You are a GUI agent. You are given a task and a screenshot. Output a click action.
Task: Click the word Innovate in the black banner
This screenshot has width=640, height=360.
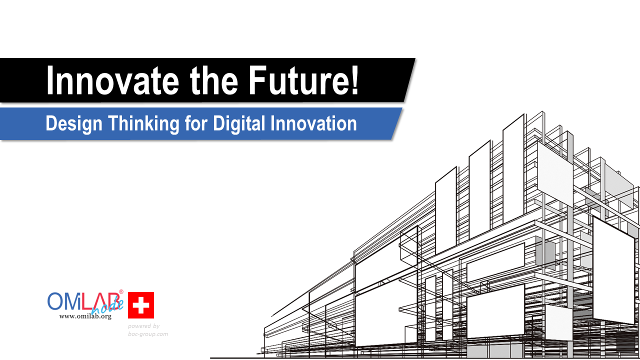(x=112, y=80)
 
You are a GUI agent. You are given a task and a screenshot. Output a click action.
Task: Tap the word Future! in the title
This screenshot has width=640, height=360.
(x=303, y=80)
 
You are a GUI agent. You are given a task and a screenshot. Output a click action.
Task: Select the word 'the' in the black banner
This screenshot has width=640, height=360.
(x=213, y=80)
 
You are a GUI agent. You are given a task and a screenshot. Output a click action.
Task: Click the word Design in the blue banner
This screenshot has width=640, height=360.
(x=74, y=124)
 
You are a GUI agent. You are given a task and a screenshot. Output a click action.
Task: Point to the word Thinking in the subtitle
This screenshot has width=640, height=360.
(x=143, y=124)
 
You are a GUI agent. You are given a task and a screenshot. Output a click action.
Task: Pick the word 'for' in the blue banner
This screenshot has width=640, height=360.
(x=196, y=123)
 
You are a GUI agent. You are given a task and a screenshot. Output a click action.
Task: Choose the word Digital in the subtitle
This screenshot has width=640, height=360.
(x=239, y=124)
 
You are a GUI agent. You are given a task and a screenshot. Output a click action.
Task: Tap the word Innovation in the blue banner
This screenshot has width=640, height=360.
(x=313, y=123)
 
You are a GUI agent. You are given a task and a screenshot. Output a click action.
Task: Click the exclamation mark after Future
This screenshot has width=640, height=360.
(x=355, y=80)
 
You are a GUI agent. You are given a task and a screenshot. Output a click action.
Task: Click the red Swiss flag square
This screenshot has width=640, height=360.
(x=141, y=305)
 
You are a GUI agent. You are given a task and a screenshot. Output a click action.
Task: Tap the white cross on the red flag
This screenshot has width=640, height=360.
(x=141, y=305)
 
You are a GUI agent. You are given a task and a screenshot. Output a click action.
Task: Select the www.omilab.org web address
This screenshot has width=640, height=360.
(x=85, y=316)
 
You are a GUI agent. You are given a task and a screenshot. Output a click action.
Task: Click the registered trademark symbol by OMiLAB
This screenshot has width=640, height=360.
(x=121, y=291)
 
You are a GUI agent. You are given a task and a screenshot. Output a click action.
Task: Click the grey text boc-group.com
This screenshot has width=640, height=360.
(x=148, y=334)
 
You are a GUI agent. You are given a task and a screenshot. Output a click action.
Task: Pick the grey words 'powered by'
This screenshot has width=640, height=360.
(x=143, y=326)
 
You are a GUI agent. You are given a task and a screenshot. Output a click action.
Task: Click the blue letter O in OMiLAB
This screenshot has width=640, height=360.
(x=55, y=301)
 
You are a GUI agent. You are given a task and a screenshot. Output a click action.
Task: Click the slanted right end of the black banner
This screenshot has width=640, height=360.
(x=409, y=80)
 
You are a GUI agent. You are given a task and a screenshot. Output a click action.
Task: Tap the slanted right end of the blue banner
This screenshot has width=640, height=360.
(x=397, y=123)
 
